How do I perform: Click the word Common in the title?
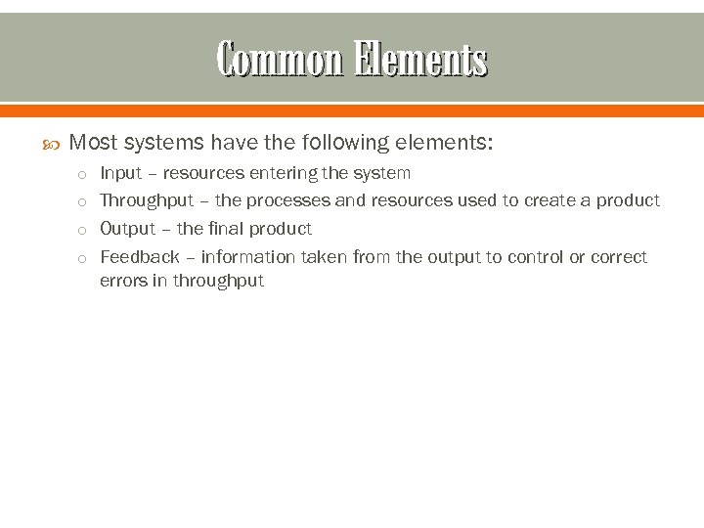coord(280,60)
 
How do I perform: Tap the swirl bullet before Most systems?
coord(54,144)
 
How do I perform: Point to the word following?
coord(344,143)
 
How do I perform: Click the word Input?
coord(121,173)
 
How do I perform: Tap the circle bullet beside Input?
coord(84,175)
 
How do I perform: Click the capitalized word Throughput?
coord(147,200)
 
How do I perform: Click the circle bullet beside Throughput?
coord(84,202)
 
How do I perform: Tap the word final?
coord(224,229)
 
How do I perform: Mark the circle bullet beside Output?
coord(84,231)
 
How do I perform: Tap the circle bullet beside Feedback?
coord(84,259)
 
